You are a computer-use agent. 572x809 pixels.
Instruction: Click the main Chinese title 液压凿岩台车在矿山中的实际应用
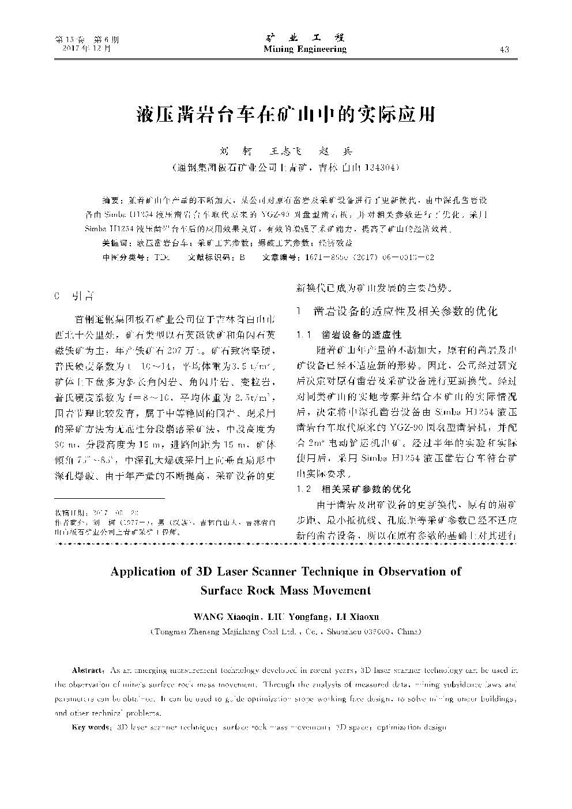click(286, 114)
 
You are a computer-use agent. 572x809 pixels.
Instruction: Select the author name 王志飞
click(286, 152)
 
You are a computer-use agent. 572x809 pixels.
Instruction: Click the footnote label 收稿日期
click(69, 513)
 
